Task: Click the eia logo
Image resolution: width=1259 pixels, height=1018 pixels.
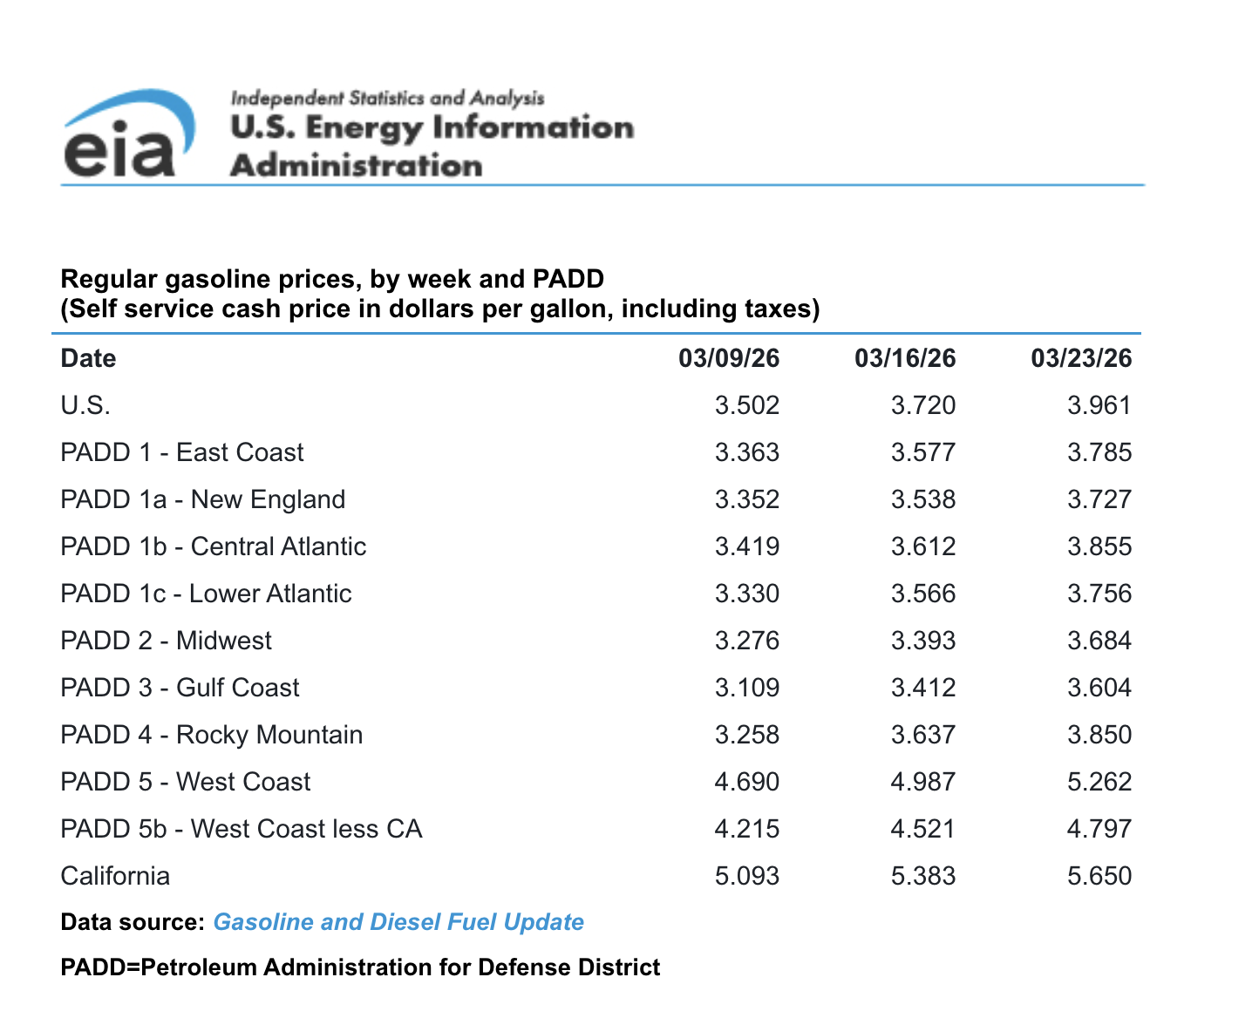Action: click(129, 135)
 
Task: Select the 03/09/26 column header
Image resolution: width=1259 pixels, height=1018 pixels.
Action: click(729, 358)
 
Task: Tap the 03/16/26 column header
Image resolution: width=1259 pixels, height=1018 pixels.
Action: click(905, 358)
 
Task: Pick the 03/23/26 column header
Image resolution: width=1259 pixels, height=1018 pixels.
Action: click(1081, 358)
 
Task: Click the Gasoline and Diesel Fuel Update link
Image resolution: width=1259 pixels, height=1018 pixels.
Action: click(398, 922)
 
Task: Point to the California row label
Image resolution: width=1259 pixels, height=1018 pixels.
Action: click(115, 876)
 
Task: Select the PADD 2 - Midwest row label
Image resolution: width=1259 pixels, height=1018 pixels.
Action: click(166, 641)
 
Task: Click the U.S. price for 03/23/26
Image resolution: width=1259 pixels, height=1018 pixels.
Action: click(1099, 405)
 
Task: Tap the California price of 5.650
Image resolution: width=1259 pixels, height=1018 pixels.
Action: click(1099, 876)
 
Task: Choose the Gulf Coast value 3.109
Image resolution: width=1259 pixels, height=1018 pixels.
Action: click(746, 688)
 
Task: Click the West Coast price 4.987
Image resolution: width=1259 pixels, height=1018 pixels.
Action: click(922, 782)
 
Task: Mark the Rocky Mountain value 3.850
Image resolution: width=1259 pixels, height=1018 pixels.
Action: click(1099, 735)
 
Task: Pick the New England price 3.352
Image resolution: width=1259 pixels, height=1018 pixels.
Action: click(746, 499)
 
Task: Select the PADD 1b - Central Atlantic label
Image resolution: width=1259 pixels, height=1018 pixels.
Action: click(213, 546)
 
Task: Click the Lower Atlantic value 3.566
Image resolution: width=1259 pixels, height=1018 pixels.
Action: click(922, 594)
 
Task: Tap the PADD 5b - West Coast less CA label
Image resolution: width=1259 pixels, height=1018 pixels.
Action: click(241, 829)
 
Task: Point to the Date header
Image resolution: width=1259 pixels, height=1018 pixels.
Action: click(88, 358)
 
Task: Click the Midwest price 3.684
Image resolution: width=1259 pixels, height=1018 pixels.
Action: click(1099, 641)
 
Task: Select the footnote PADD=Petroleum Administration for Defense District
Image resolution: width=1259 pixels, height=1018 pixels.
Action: click(360, 967)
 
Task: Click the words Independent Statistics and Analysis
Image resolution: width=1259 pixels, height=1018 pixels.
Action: click(387, 98)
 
